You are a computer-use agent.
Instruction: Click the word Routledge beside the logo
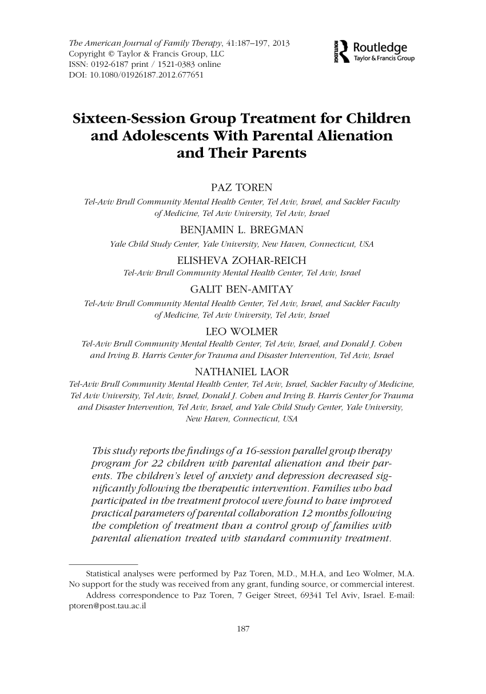coord(380,47)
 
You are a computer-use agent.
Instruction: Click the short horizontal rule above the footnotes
coord(103,562)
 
